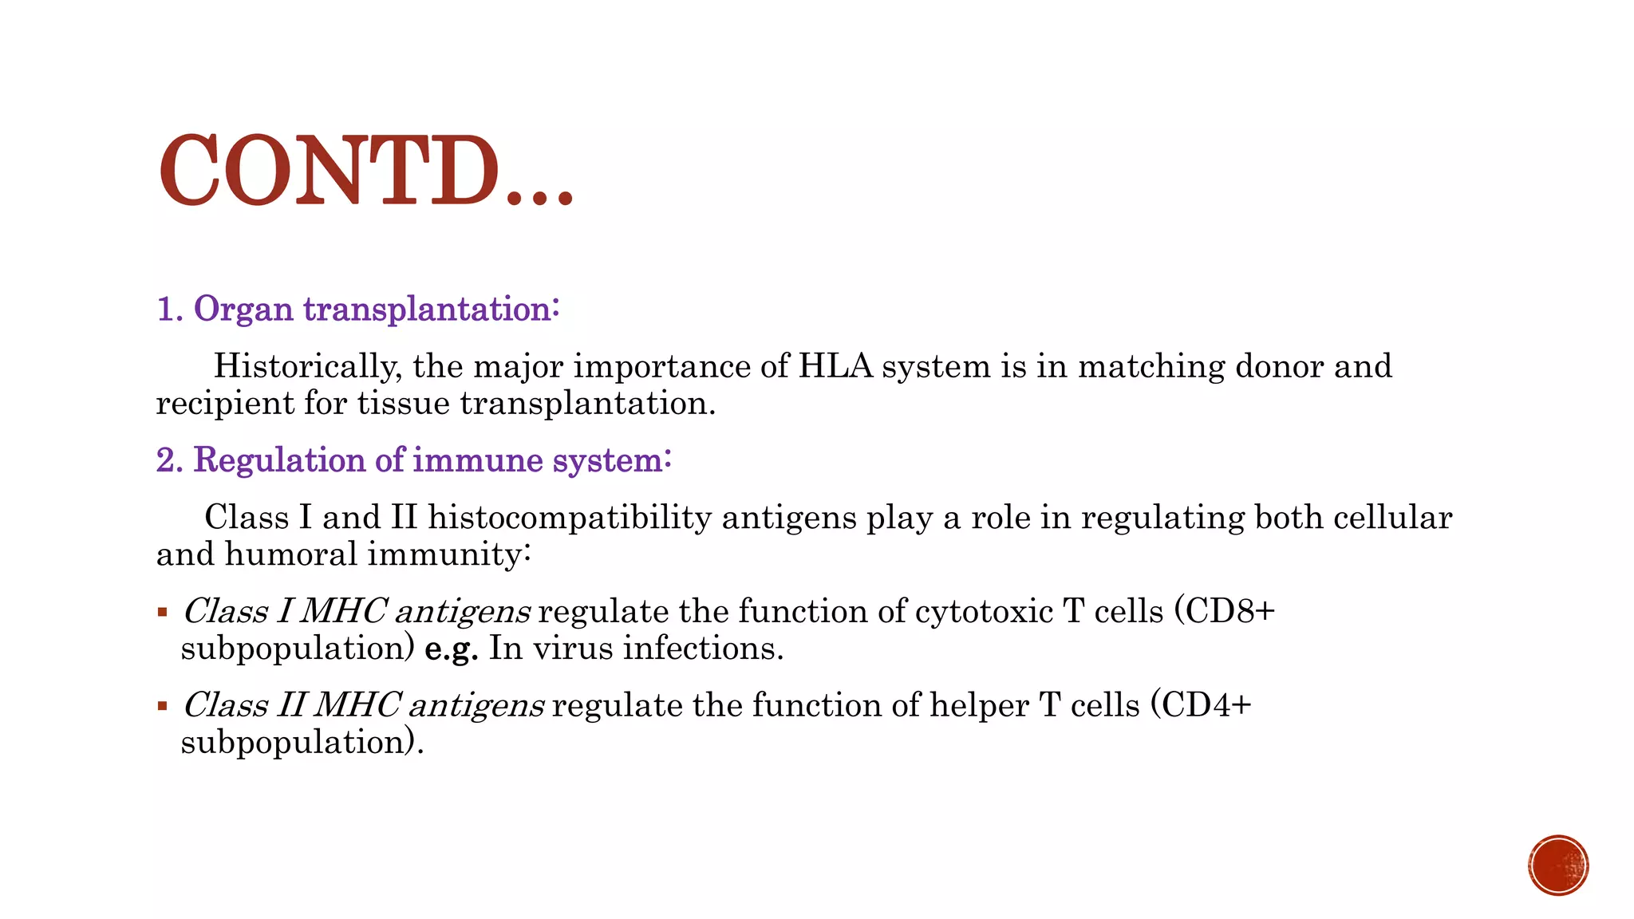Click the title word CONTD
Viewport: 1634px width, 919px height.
329,171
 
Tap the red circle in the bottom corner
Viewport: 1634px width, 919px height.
1558,866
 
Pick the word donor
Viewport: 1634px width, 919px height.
1279,367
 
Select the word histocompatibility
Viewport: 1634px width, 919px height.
570,519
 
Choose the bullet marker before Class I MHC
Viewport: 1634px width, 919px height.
163,613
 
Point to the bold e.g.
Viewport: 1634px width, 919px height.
451,649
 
